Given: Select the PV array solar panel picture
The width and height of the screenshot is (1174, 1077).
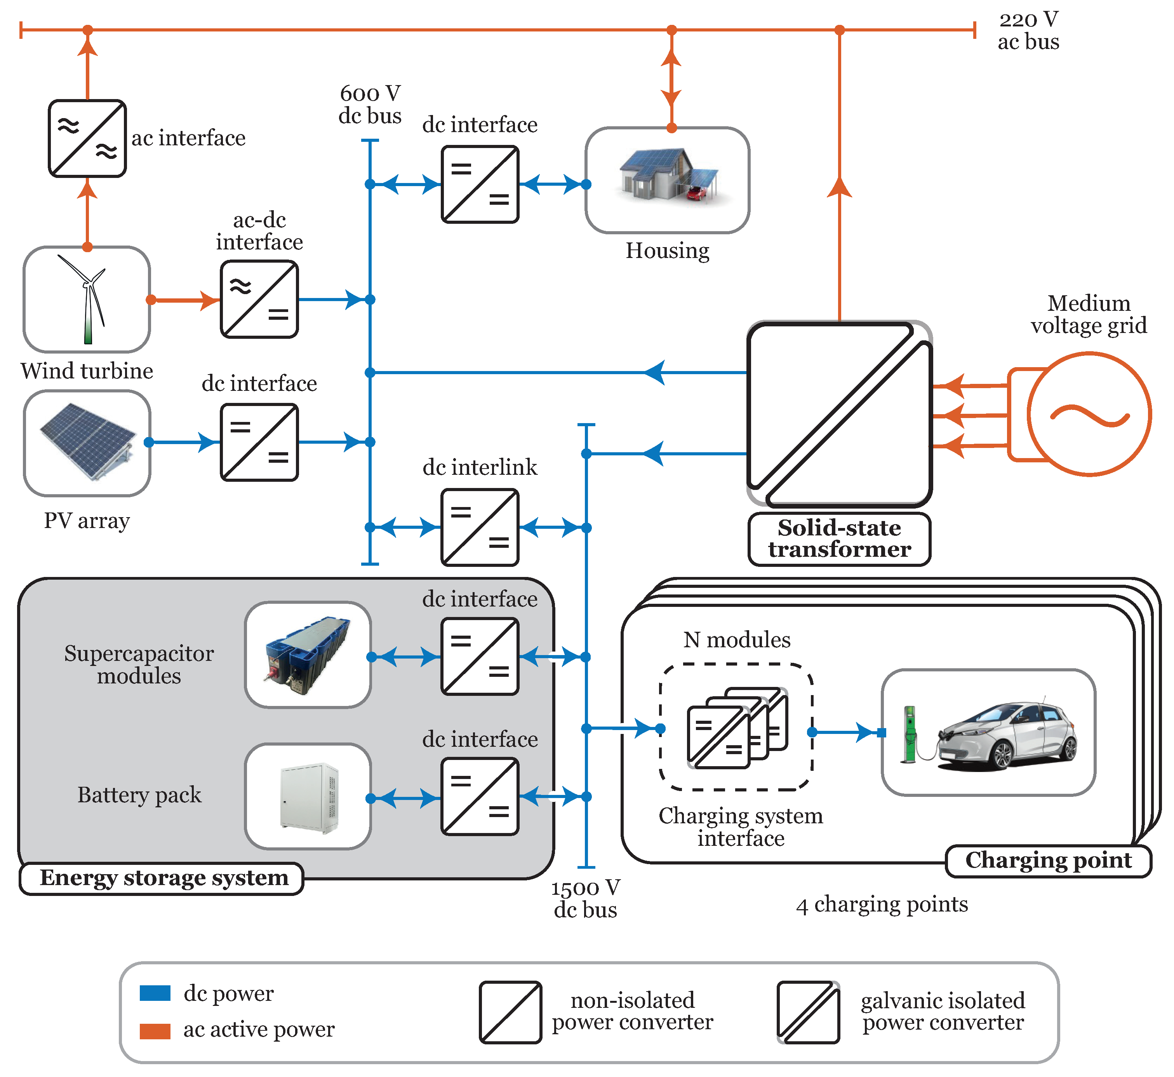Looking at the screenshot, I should coord(87,441).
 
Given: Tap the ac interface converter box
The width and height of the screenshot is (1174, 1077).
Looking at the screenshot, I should coord(87,138).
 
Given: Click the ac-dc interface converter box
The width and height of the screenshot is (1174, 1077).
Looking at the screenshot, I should coord(259,299).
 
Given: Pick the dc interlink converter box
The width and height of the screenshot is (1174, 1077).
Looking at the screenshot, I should coord(480,528).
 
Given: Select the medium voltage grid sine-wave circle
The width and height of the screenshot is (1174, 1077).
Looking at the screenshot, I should coord(1088,414).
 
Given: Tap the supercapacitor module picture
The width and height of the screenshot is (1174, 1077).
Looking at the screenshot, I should coord(308,655).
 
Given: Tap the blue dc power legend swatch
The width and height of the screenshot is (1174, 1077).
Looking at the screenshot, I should coord(155,993).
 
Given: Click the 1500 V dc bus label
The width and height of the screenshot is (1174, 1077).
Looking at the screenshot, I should coord(586,898).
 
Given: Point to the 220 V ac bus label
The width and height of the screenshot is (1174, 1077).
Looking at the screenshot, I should coord(1028,30).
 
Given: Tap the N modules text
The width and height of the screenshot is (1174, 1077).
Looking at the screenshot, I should coord(737,640).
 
